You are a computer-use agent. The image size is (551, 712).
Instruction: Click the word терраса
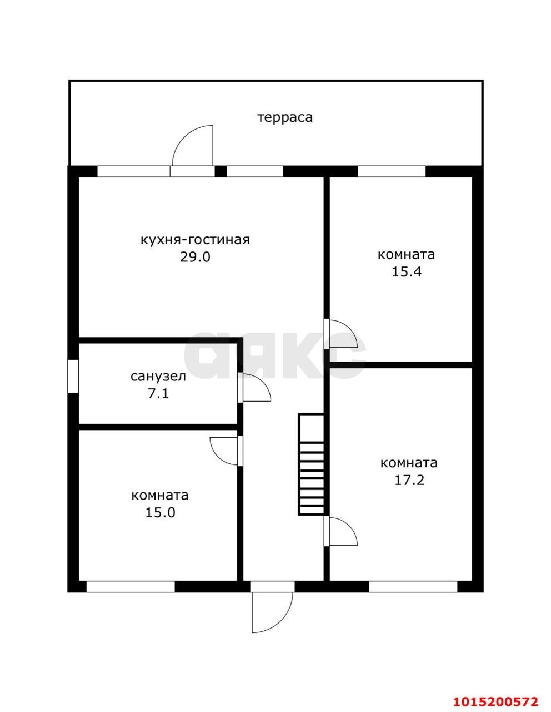tap(285, 117)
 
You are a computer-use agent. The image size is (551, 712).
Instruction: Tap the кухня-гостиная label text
tap(195, 240)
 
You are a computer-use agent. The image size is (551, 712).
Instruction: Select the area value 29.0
tap(195, 257)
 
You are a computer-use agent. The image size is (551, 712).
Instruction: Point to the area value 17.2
tap(409, 480)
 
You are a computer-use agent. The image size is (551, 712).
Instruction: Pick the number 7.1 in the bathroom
tap(158, 394)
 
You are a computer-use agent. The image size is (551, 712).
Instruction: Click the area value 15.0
tap(160, 512)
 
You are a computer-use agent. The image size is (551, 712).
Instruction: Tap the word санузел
tap(158, 377)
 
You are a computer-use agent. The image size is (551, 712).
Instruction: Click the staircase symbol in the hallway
tap(312, 464)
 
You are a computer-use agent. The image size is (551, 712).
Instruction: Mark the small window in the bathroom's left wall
tap(73, 377)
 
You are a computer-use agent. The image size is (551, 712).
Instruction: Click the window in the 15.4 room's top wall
tap(392, 171)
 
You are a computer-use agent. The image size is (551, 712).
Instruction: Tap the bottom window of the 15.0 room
tap(131, 586)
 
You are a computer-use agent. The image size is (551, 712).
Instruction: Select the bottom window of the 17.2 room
tap(413, 586)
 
